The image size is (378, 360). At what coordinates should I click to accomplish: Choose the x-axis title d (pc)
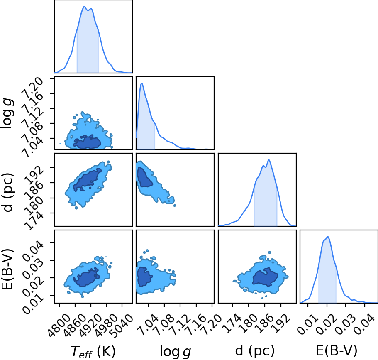[x=255, y=351]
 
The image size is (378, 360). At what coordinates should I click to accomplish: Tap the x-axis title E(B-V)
[x=336, y=351]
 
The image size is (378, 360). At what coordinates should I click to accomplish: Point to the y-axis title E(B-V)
[x=7, y=269]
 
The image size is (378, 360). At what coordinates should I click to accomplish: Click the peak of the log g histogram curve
[x=142, y=83]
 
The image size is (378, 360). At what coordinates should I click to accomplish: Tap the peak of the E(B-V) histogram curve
[x=328, y=237]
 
